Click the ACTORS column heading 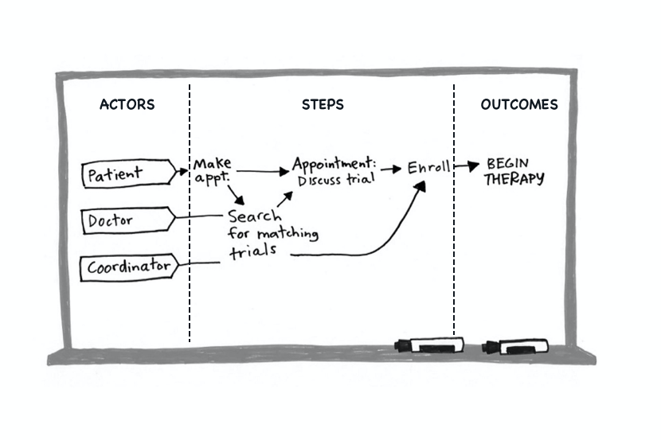click(127, 104)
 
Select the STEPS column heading click(323, 104)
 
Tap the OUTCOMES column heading click(519, 104)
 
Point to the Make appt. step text click(211, 170)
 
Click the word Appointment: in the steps click(333, 164)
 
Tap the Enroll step click(428, 169)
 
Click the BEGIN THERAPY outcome click(514, 171)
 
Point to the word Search click(254, 216)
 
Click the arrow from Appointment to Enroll click(389, 169)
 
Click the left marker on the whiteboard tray click(430, 345)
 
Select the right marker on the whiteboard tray click(515, 346)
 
